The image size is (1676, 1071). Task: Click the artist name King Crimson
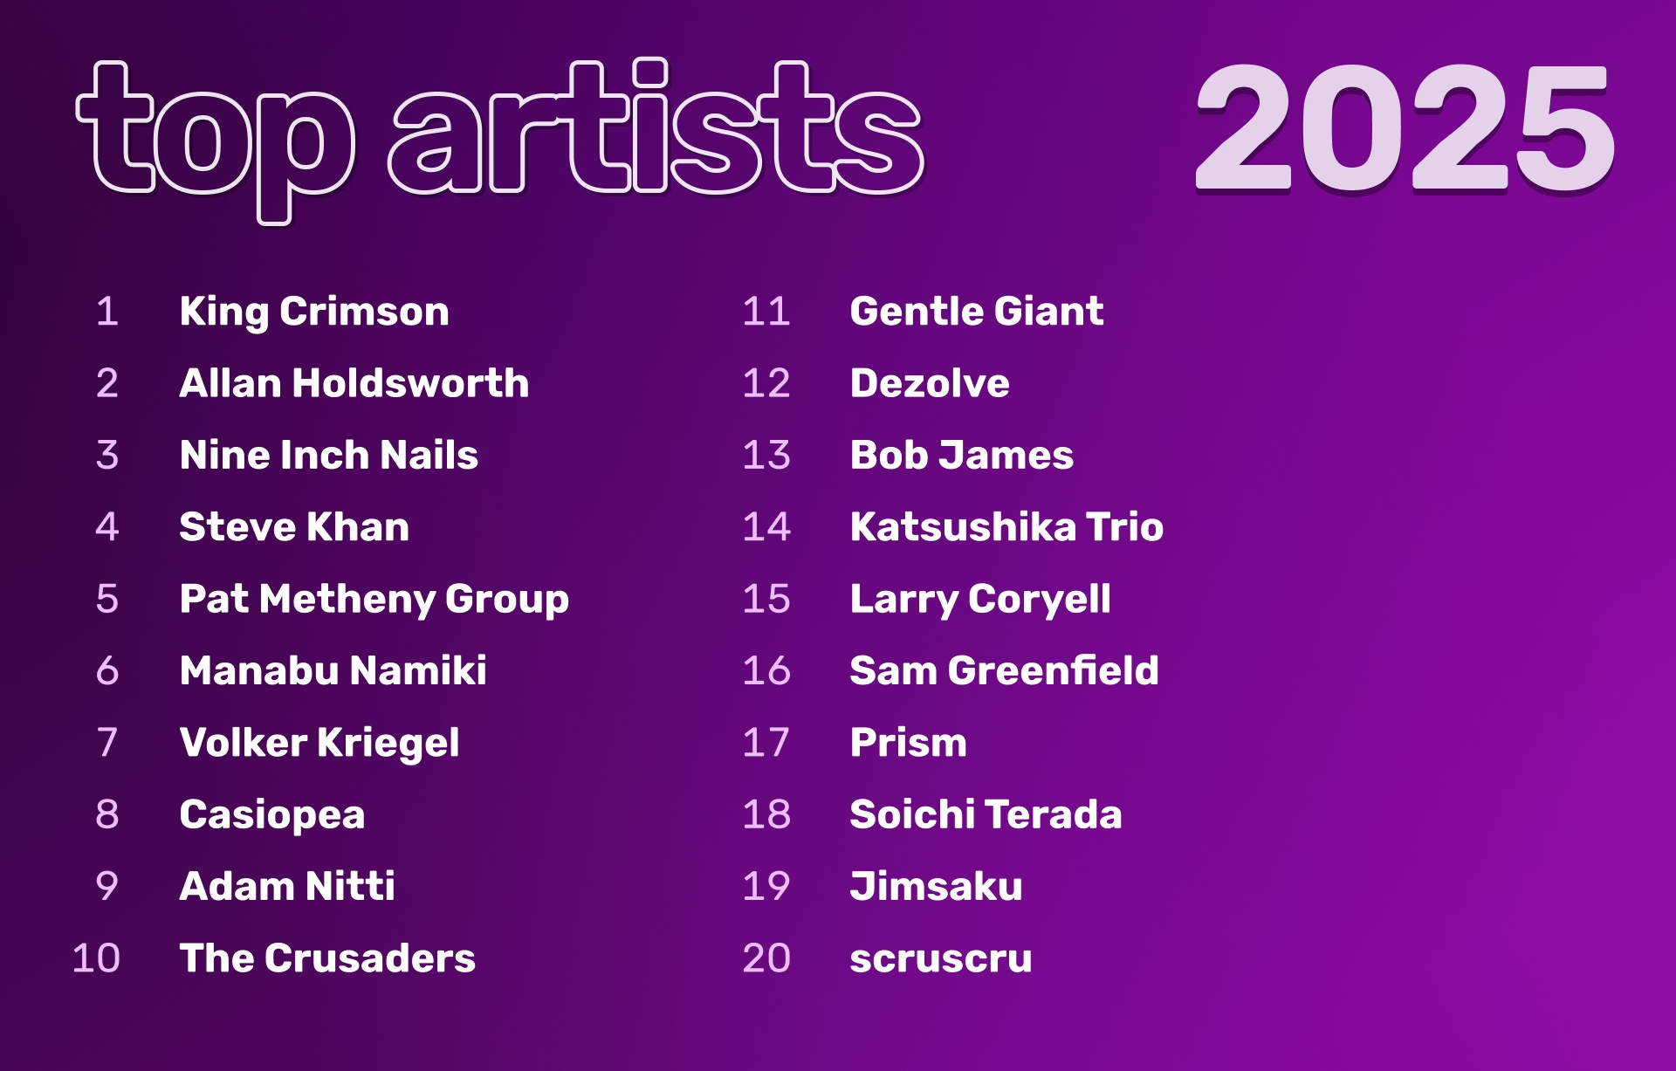tap(314, 312)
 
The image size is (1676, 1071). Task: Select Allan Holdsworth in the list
tap(354, 383)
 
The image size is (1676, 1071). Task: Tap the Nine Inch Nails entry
tap(329, 455)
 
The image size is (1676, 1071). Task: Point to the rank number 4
tap(107, 526)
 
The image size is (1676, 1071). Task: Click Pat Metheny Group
tap(374, 600)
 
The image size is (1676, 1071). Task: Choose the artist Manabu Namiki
tap(333, 670)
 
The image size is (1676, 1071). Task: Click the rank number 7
tap(107, 742)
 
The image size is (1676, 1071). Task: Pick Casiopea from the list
tap(272, 815)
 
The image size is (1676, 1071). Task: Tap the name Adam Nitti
tap(287, 886)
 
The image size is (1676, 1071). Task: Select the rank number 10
tap(96, 958)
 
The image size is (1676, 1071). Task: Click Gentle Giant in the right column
tap(977, 312)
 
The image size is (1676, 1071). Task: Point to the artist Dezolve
tap(930, 383)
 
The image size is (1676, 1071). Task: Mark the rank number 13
tap(766, 455)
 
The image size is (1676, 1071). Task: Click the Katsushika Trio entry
tap(1006, 526)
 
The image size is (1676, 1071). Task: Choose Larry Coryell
tap(980, 600)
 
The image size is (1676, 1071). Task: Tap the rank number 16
tap(766, 670)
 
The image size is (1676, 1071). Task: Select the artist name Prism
tap(909, 742)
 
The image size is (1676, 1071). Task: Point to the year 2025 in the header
tap(1405, 128)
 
